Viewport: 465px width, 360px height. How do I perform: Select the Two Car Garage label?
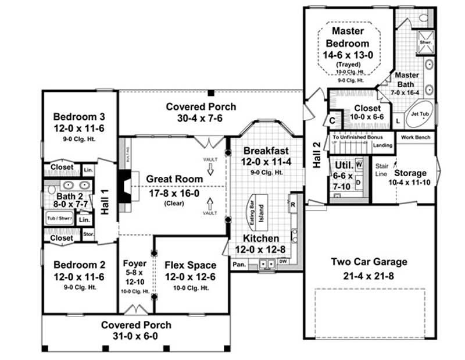point(369,261)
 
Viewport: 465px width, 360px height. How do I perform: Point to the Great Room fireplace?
point(126,188)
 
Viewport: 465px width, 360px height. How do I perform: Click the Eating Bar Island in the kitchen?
point(257,209)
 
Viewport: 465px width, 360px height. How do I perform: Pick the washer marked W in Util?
point(358,165)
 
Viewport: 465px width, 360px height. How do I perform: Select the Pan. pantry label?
point(239,264)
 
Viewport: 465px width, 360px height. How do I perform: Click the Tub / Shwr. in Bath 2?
point(60,219)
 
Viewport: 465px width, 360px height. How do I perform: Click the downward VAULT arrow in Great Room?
point(210,169)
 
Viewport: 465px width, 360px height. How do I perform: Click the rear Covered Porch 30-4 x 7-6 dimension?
point(201,117)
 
